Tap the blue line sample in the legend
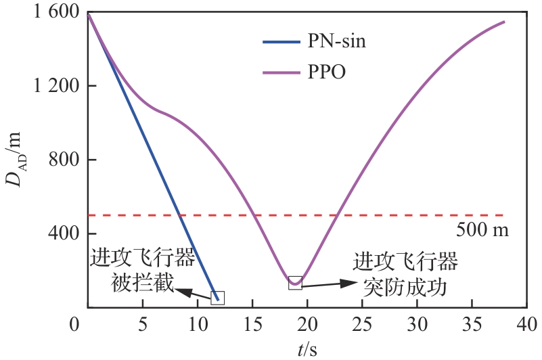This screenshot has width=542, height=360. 281,41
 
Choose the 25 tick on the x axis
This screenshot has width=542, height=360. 363,325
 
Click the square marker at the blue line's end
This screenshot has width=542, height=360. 217,298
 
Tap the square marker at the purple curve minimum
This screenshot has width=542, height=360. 295,283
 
